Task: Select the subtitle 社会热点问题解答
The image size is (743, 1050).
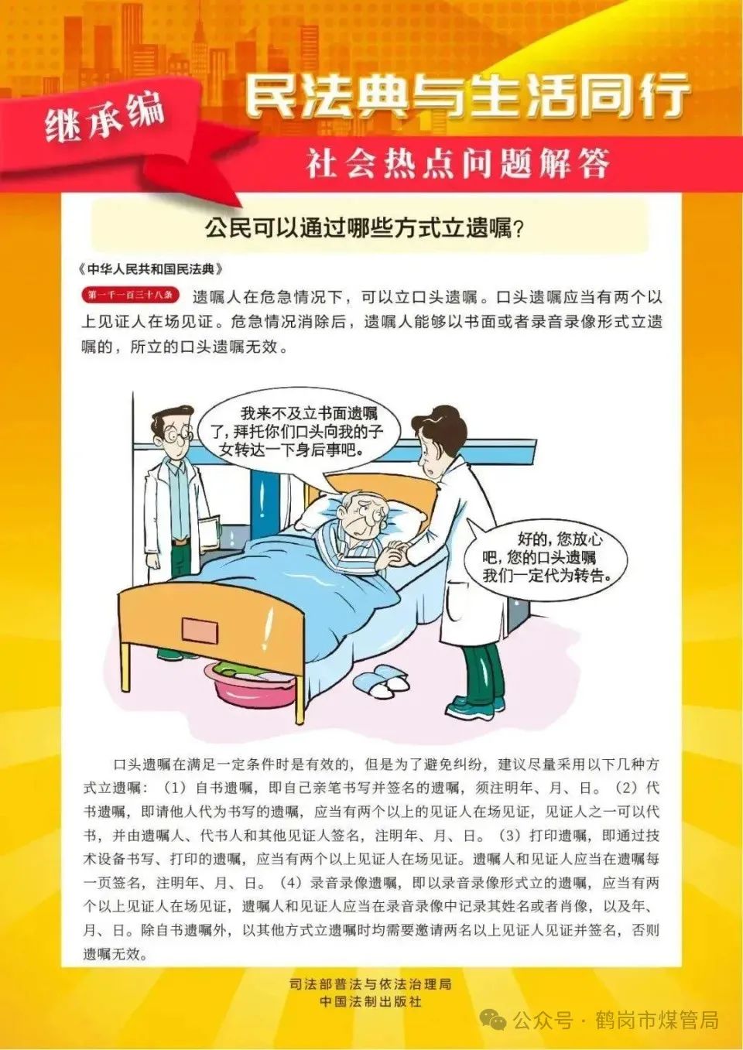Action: tap(457, 164)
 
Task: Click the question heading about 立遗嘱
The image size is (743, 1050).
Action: tap(365, 228)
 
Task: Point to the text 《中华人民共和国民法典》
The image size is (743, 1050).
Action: tap(151, 269)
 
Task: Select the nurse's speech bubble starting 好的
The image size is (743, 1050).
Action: tap(546, 556)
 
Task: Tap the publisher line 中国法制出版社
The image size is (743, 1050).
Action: tap(371, 1001)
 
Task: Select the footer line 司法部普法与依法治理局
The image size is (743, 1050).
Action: tap(370, 984)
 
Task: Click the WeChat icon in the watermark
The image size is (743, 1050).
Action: tap(492, 1021)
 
